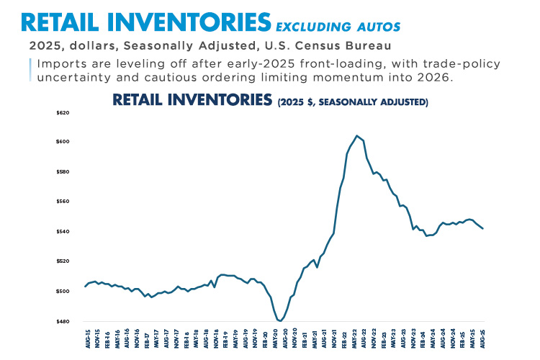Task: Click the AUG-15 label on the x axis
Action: click(87, 338)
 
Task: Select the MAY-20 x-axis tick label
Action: click(276, 338)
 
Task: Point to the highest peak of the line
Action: click(356, 135)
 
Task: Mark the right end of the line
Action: click(483, 229)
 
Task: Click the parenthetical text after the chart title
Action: click(353, 103)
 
